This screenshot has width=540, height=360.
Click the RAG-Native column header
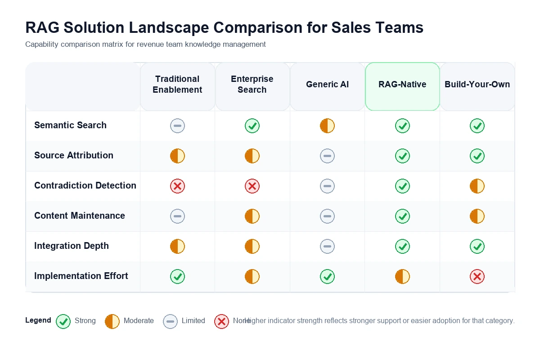click(402, 85)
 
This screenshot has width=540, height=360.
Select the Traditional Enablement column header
click(177, 85)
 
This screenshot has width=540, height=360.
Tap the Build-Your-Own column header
click(477, 85)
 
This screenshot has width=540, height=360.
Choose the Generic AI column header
click(327, 85)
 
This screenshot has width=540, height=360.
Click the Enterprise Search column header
click(252, 85)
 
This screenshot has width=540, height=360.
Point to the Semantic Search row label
click(70, 126)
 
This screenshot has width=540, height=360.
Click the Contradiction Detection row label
click(85, 186)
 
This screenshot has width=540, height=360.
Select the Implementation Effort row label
click(81, 276)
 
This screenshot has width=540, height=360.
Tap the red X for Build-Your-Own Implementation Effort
click(477, 277)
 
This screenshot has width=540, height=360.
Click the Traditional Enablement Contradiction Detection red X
click(177, 186)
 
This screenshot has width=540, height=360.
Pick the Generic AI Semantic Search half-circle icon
click(327, 126)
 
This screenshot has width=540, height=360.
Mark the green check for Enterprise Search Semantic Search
click(252, 126)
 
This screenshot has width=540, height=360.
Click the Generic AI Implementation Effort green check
click(327, 277)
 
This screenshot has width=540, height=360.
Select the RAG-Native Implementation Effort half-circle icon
click(402, 277)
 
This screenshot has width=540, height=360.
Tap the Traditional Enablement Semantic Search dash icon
click(177, 126)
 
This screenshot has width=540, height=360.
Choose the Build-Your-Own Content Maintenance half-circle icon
click(477, 216)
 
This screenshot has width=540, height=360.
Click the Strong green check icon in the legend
click(63, 321)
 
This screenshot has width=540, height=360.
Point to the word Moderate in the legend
click(139, 321)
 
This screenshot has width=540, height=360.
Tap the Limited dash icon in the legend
click(170, 321)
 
